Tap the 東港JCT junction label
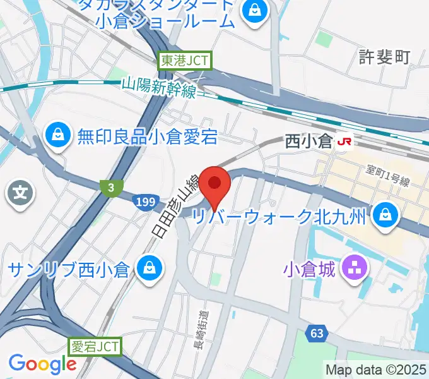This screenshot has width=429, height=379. [x=185, y=61]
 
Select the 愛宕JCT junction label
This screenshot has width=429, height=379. [x=94, y=346]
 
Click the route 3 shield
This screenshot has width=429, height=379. [x=110, y=187]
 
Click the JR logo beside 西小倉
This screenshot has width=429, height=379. [x=344, y=141]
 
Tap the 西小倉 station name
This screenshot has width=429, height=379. [x=309, y=141]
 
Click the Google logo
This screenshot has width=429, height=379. [x=42, y=364]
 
